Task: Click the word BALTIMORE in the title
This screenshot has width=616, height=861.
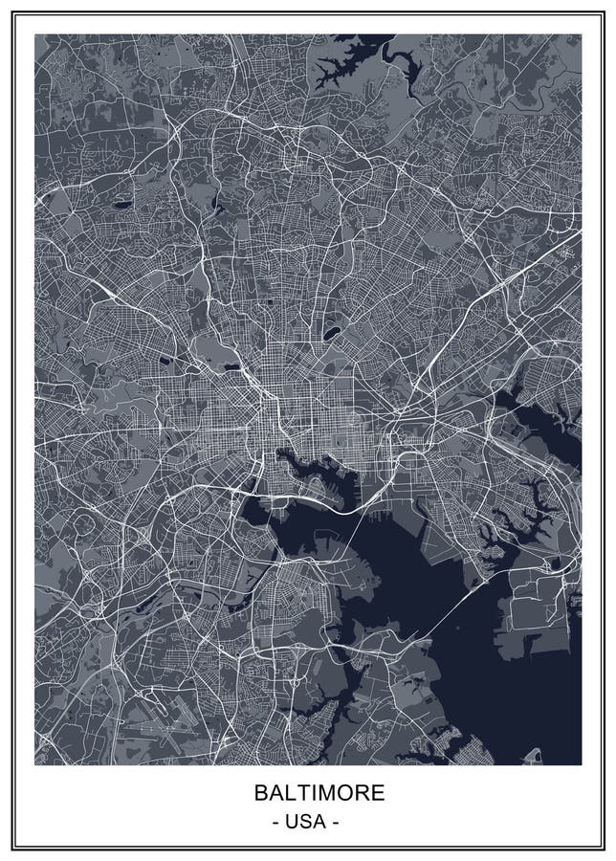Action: coord(307,793)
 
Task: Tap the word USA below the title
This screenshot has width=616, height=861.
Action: coord(307,822)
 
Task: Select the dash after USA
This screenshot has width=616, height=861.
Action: coord(335,822)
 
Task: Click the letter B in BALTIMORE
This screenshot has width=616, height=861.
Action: coord(260,793)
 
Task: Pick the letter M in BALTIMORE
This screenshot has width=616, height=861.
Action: coord(315,793)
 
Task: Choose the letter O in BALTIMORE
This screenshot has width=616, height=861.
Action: coord(329,793)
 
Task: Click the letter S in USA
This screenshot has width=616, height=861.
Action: coord(307,822)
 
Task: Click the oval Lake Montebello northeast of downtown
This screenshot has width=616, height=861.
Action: coord(331,334)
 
